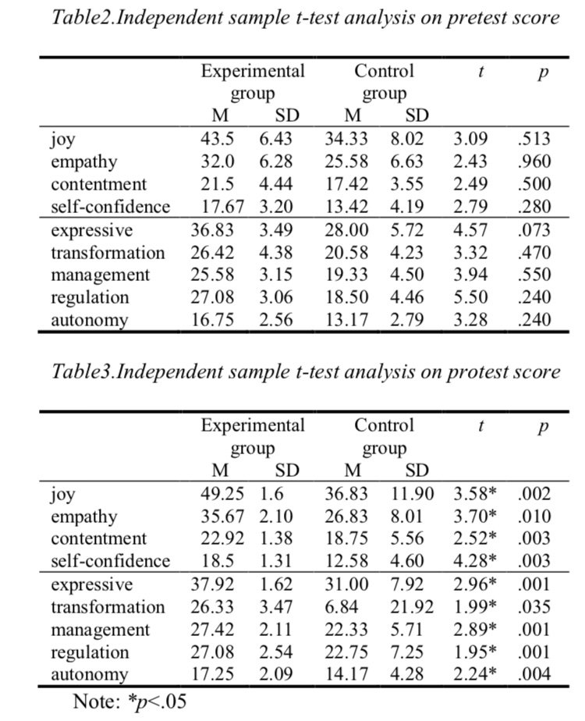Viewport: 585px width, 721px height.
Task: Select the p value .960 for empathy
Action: pos(534,162)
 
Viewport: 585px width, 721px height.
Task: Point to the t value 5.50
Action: pos(470,297)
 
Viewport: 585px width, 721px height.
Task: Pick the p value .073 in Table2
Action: pos(534,230)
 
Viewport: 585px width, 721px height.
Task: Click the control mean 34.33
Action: pos(345,140)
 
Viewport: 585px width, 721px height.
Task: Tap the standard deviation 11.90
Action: pos(409,494)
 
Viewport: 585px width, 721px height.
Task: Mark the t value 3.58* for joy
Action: pos(475,494)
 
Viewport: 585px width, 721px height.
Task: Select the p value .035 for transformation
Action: pos(534,607)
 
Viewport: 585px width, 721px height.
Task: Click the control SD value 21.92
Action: pos(409,607)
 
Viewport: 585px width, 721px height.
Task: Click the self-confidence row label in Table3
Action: pos(110,561)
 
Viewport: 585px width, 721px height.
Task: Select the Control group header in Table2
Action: pos(384,83)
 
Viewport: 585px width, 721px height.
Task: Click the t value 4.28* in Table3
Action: pos(475,561)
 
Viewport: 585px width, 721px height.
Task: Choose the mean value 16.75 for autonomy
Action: pos(213,320)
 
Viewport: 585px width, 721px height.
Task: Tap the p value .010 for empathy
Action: pos(534,517)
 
